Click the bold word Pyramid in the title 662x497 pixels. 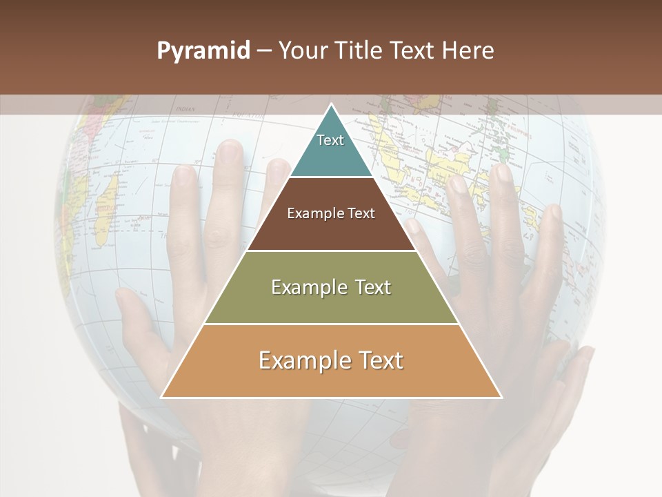pyautogui.click(x=203, y=50)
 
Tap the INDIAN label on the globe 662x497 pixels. pyautogui.click(x=185, y=109)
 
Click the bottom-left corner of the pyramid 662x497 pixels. pyautogui.click(x=161, y=398)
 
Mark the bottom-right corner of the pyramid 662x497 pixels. pyautogui.click(x=501, y=398)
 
